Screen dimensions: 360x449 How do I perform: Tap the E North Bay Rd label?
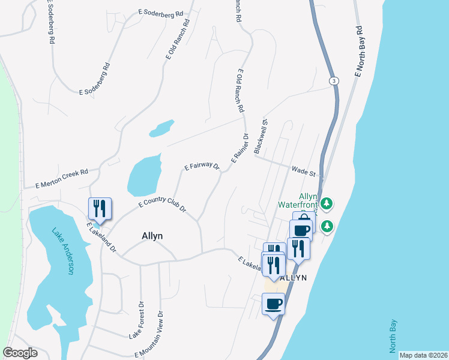tap(359, 51)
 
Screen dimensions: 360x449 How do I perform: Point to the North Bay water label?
tap(393, 335)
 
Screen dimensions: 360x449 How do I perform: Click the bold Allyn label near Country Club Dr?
tap(152, 236)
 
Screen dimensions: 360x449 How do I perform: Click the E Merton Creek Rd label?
tap(61, 178)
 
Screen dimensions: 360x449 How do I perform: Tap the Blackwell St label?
tap(260, 137)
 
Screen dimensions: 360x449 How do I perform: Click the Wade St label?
tap(303, 172)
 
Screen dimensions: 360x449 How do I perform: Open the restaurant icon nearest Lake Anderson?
tap(98, 209)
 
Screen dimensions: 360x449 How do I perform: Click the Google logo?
tap(20, 353)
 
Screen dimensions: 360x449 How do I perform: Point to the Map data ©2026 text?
tap(423, 355)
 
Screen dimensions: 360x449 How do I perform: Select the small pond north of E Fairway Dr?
tap(161, 128)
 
